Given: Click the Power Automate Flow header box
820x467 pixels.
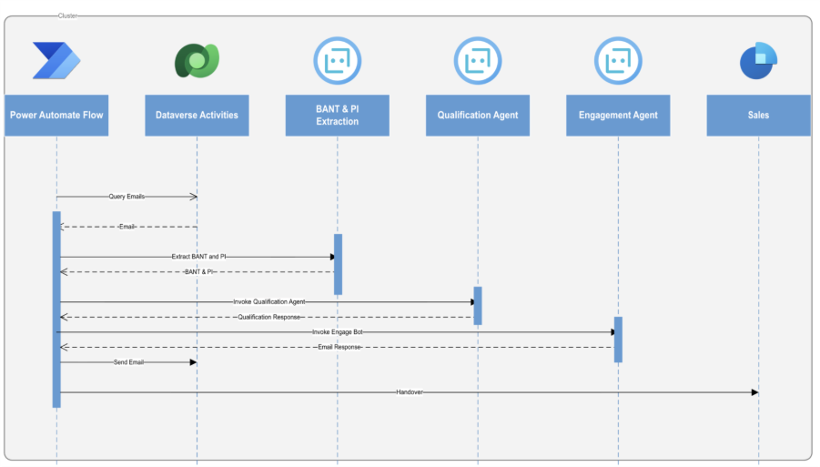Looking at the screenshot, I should pyautogui.click(x=56, y=116).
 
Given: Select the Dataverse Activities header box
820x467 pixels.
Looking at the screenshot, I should pyautogui.click(x=197, y=116).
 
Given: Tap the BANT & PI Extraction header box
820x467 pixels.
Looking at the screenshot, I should pyautogui.click(x=337, y=116).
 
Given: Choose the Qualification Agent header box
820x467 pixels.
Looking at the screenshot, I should pyautogui.click(x=478, y=116).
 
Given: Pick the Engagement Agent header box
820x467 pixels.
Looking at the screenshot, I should pyautogui.click(x=618, y=116).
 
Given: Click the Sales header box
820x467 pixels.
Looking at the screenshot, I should pyautogui.click(x=758, y=116).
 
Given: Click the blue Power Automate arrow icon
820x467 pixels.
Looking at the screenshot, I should pyautogui.click(x=56, y=61).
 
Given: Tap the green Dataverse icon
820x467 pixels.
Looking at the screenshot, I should pyautogui.click(x=197, y=61).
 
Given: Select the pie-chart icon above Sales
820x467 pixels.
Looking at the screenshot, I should pyautogui.click(x=757, y=61).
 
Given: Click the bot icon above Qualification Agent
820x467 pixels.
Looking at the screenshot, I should pyautogui.click(x=478, y=61).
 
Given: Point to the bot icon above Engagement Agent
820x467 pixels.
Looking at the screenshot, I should pyautogui.click(x=618, y=61).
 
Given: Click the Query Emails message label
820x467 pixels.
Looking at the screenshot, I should pyautogui.click(x=127, y=197).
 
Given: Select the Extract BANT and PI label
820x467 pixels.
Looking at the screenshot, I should pyautogui.click(x=198, y=257).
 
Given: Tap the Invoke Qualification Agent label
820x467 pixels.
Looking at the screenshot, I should pyautogui.click(x=268, y=301).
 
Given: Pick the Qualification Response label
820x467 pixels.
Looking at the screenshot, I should pyautogui.click(x=268, y=317).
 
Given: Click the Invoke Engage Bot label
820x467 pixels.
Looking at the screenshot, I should pyautogui.click(x=339, y=332).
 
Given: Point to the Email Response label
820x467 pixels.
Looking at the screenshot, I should pyautogui.click(x=339, y=347).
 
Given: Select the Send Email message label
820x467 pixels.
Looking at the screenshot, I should pyautogui.click(x=128, y=362).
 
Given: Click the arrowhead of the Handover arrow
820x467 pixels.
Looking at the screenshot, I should pyautogui.click(x=754, y=392).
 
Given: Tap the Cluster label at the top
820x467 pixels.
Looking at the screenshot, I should pyautogui.click(x=66, y=15).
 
